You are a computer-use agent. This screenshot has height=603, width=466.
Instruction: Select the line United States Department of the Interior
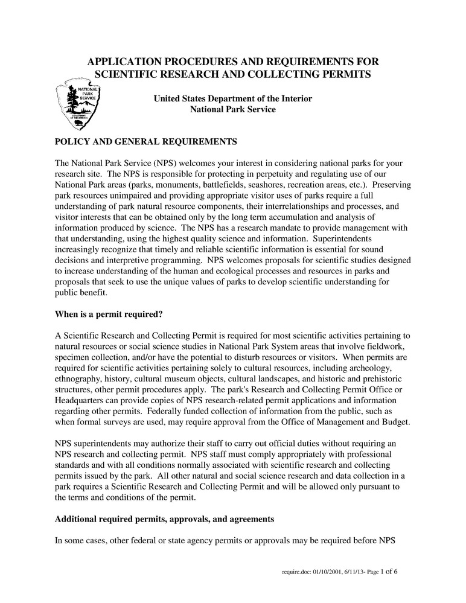(232, 98)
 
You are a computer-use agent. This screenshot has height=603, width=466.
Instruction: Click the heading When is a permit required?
(109, 314)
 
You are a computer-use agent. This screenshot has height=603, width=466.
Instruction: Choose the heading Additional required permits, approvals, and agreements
(165, 518)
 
